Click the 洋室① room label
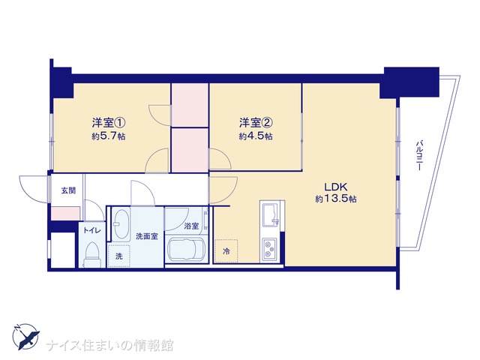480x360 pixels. pyautogui.click(x=109, y=123)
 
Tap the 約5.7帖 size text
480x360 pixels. pyautogui.click(x=109, y=136)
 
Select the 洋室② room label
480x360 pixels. pyautogui.click(x=256, y=123)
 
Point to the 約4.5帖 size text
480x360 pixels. pyautogui.click(x=256, y=136)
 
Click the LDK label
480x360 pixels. pyautogui.click(x=335, y=187)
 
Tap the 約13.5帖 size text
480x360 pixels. pyautogui.click(x=336, y=199)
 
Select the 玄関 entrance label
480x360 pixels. pyautogui.click(x=68, y=190)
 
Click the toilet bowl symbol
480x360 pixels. pyautogui.click(x=92, y=253)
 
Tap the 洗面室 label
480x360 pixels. pyautogui.click(x=147, y=236)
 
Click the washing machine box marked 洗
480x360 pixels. pyautogui.click(x=119, y=256)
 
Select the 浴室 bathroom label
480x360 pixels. pyautogui.click(x=192, y=226)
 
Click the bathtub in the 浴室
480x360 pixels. pyautogui.click(x=185, y=250)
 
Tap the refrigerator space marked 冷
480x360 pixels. pyautogui.click(x=226, y=251)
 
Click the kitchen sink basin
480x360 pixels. pyautogui.click(x=270, y=214)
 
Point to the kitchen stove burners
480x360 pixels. pyautogui.click(x=269, y=249)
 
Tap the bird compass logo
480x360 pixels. pyautogui.click(x=25, y=337)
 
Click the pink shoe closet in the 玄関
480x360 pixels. pyautogui.click(x=65, y=213)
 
